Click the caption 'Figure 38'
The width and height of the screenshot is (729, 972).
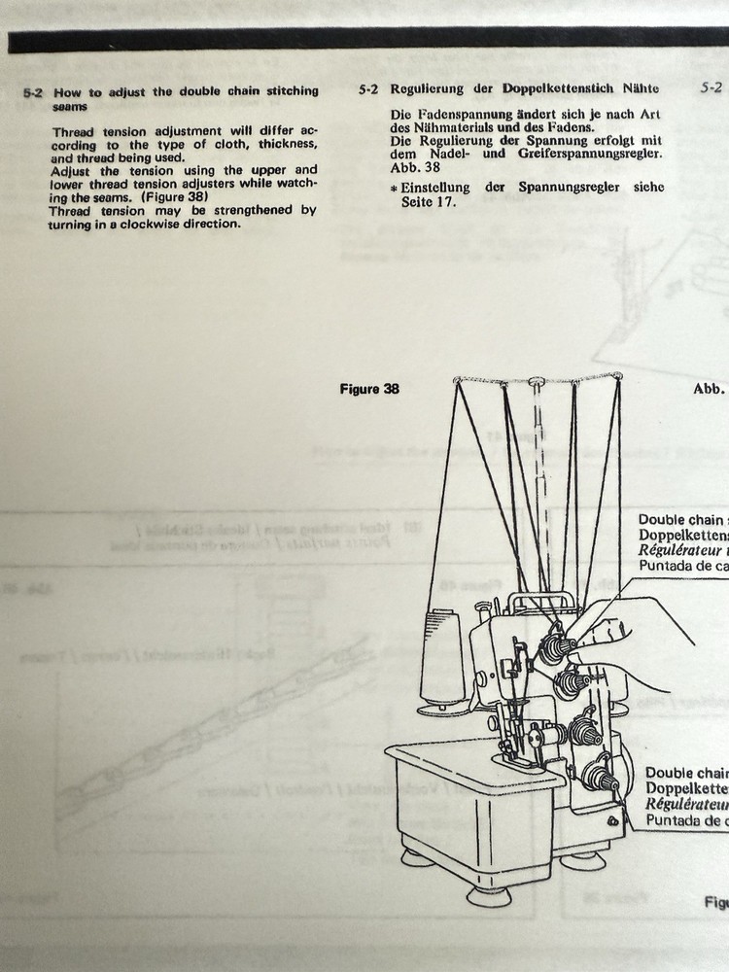369,389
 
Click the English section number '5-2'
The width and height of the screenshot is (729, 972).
33,91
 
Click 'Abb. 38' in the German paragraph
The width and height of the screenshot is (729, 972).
413,166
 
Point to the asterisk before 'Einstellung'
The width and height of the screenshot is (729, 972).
394,187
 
